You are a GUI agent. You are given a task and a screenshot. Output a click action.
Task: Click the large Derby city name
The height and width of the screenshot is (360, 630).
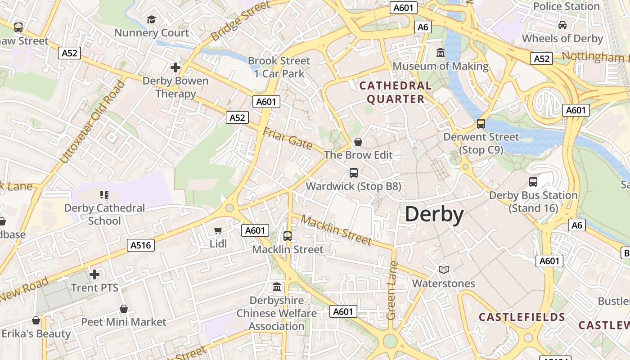[x=434, y=214]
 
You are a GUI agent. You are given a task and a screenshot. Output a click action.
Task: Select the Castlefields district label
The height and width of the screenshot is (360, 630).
[x=522, y=317]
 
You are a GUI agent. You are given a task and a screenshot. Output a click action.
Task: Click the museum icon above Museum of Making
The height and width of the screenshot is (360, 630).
[x=441, y=53]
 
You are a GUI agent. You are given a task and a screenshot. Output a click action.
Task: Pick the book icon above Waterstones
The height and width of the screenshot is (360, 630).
[x=444, y=270]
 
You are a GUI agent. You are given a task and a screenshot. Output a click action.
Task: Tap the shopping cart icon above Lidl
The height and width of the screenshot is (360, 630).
[x=218, y=231]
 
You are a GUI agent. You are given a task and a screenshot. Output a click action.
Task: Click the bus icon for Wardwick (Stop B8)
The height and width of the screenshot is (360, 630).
[x=354, y=172]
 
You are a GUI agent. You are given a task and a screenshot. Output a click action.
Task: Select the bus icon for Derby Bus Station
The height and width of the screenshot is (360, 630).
[x=533, y=182]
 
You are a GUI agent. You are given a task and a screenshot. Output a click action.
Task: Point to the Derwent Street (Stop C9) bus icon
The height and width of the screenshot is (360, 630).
[x=481, y=124]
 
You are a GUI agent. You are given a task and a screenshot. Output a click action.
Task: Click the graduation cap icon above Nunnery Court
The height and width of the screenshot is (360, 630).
[x=151, y=20]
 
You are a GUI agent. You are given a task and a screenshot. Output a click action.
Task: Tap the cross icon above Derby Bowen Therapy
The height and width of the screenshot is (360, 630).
[x=175, y=67]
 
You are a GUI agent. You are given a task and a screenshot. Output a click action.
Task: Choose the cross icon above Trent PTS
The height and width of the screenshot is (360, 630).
[x=94, y=274]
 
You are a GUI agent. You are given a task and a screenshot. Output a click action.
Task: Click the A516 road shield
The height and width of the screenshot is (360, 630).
[x=141, y=245]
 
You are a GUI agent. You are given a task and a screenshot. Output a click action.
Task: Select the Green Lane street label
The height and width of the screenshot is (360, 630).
[x=392, y=290]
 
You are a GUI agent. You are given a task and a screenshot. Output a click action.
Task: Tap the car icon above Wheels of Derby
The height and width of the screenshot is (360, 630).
[x=562, y=25]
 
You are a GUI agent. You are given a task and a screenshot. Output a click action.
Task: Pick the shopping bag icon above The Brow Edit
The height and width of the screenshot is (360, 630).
[x=358, y=142]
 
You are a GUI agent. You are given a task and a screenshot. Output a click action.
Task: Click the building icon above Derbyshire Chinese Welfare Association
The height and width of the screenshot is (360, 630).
[x=277, y=287]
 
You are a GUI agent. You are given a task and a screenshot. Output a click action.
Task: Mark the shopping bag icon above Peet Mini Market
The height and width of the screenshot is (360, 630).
[x=124, y=309]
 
